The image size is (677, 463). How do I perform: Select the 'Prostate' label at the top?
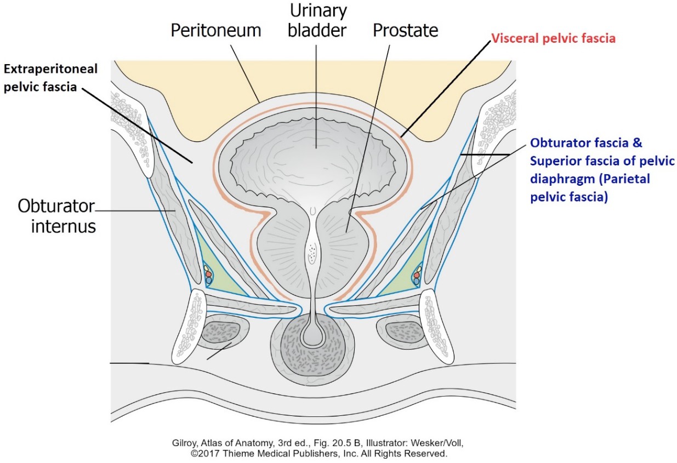(405, 31)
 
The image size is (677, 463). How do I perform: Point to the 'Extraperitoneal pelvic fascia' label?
(51, 78)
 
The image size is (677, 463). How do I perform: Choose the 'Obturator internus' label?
(57, 216)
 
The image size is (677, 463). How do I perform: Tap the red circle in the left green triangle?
(208, 275)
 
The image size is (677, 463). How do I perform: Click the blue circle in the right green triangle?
(417, 281)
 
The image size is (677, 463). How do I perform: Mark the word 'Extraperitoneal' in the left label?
(51, 69)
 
